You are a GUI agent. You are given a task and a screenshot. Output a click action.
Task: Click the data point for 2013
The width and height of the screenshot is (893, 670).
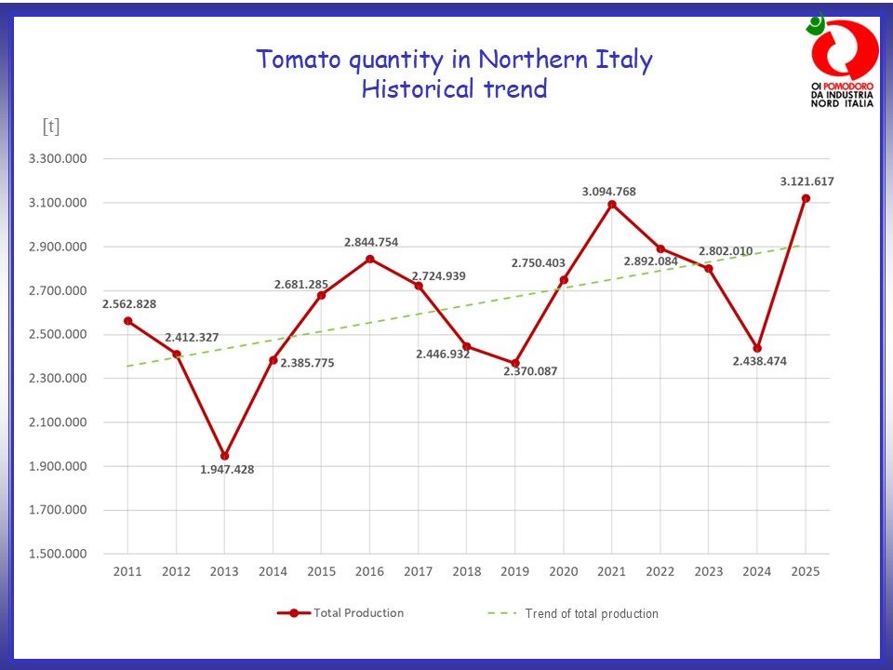224,456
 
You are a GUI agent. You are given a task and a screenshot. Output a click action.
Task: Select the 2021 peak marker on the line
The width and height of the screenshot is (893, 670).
612,204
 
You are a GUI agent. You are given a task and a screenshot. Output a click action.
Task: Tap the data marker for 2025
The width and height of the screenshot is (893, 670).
806,198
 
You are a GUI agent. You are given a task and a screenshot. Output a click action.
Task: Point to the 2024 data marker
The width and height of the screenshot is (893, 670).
757,348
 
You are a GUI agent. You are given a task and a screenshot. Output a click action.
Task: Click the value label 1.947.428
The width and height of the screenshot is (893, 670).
227,470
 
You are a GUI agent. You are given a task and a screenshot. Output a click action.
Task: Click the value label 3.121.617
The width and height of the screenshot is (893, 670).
806,181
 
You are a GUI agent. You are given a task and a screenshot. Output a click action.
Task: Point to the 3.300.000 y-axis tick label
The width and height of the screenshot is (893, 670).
58,159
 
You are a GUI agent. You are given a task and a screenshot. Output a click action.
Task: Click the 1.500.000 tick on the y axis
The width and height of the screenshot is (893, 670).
58,554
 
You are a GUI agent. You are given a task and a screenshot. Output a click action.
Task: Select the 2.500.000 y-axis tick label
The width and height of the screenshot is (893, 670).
58,335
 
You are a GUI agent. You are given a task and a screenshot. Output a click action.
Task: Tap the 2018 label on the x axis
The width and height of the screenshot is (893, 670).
466,571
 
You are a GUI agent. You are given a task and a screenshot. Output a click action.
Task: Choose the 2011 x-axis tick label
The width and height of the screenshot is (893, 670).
127,571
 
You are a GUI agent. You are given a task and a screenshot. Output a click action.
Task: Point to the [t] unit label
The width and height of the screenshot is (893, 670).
50,127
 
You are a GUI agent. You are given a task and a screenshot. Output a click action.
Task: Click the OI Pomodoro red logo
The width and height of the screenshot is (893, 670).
843,51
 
